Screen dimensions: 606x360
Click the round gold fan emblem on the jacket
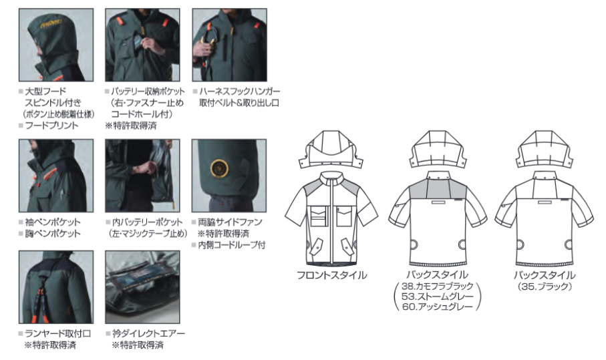click(219, 169)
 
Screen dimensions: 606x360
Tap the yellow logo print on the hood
click(51, 24)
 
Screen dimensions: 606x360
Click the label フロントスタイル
click(331, 275)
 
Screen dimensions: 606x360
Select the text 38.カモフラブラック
click(437, 287)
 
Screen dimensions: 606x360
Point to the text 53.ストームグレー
click(437, 297)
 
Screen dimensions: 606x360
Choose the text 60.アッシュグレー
click(437, 307)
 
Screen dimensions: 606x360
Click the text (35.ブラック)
click(544, 287)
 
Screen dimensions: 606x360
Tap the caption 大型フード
click(45, 92)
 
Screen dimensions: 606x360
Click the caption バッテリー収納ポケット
click(148, 92)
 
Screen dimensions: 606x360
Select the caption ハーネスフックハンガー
click(240, 92)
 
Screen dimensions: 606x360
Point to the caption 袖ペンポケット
click(53, 222)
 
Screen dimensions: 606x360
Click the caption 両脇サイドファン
click(230, 222)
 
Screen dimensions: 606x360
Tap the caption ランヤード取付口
click(58, 333)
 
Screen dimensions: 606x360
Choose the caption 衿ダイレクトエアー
click(149, 333)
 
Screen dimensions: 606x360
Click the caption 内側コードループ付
click(232, 245)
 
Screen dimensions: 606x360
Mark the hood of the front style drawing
click(331, 150)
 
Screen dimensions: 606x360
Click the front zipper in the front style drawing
click(331, 220)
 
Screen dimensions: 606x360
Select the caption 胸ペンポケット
click(53, 234)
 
